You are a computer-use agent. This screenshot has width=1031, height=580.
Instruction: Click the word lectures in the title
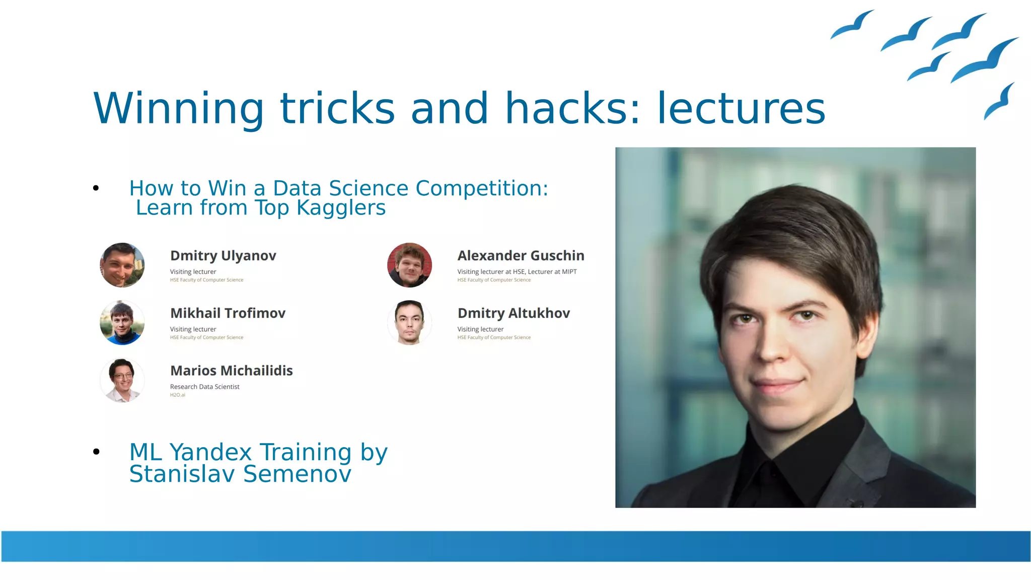click(x=741, y=108)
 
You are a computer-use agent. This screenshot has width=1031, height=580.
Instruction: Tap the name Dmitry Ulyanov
click(x=223, y=256)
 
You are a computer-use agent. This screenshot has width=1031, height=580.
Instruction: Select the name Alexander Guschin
click(x=521, y=256)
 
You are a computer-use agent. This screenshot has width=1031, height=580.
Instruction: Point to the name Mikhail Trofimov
click(x=228, y=313)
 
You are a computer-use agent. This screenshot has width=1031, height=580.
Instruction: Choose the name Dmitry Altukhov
click(x=513, y=313)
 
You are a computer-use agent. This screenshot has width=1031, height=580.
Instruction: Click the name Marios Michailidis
click(x=231, y=371)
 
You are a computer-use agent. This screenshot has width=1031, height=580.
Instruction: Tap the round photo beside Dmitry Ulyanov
click(x=122, y=265)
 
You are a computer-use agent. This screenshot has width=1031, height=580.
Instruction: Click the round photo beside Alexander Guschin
click(x=409, y=265)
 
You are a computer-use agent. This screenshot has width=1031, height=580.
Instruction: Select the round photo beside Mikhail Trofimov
click(x=122, y=323)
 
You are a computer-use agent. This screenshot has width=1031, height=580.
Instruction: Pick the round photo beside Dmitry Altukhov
click(x=409, y=323)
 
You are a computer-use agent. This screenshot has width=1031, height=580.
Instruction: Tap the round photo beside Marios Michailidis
click(x=122, y=380)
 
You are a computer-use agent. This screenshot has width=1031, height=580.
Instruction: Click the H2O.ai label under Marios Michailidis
click(x=177, y=395)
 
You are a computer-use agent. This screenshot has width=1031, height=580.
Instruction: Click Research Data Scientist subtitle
click(x=204, y=387)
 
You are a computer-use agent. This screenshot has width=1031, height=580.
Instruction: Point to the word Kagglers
click(x=341, y=208)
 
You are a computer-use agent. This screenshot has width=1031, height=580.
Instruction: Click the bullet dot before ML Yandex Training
click(x=96, y=452)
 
